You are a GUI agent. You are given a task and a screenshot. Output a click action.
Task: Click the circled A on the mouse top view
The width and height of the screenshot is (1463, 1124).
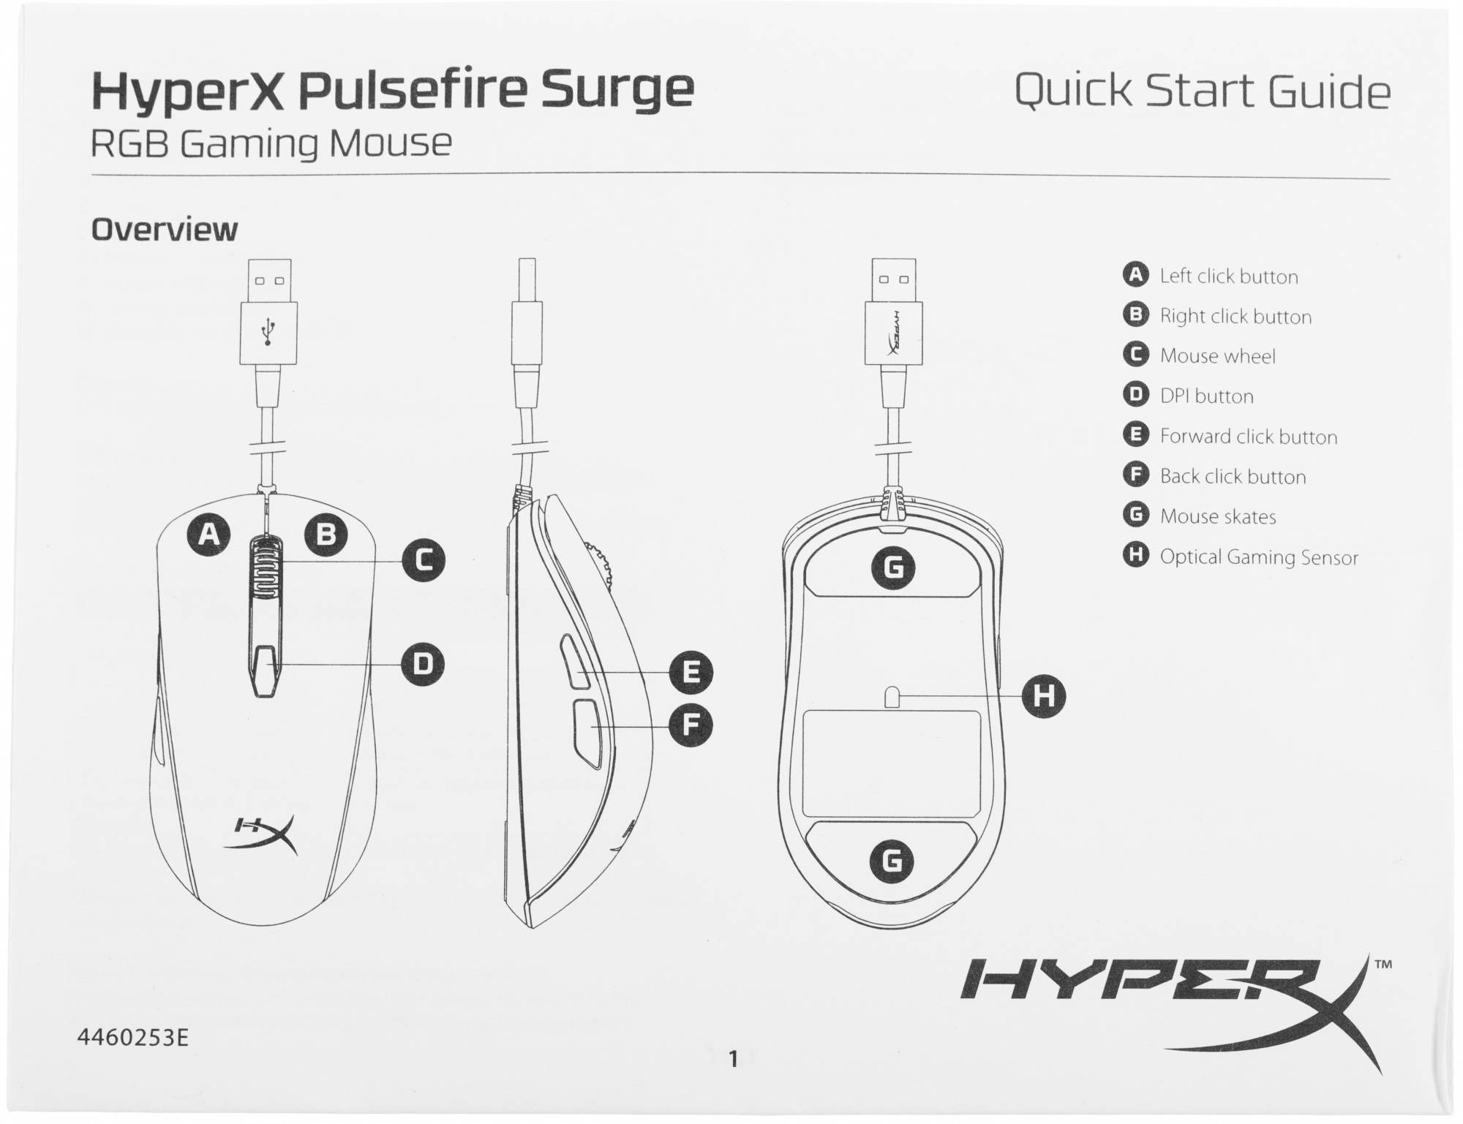pos(208,534)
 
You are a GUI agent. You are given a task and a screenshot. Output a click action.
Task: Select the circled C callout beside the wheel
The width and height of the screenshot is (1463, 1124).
pos(423,560)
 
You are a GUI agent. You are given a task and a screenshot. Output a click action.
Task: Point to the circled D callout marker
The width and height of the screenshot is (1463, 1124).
pos(423,663)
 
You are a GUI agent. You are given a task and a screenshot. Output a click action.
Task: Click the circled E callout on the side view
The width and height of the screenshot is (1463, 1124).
pos(691,672)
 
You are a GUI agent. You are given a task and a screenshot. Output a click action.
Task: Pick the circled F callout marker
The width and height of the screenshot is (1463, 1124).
pos(691,725)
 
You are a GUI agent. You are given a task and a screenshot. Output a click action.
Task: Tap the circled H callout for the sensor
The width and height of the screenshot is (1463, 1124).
pos(1043,695)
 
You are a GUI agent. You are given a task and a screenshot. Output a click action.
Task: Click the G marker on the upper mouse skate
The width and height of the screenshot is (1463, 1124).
pos(892,567)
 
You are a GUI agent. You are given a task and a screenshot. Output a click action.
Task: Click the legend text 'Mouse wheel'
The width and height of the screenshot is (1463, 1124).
pos(1217,356)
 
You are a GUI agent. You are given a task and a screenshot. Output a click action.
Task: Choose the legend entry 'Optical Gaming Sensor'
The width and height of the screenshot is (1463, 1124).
pos(1259,557)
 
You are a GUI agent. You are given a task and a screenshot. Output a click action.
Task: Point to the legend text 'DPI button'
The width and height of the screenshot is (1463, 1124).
pos(1206,396)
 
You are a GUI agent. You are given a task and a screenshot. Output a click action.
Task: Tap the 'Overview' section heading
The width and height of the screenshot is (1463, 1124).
pos(164,230)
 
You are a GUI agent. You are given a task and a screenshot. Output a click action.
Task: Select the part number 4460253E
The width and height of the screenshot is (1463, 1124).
pos(132,1038)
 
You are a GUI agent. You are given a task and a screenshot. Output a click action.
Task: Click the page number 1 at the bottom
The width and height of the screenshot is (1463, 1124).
pos(734,1058)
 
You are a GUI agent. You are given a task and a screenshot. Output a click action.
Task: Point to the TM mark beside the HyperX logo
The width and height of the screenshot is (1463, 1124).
pos(1383,964)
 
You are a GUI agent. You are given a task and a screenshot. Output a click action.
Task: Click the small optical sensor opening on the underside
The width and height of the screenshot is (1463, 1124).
pos(892,697)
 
